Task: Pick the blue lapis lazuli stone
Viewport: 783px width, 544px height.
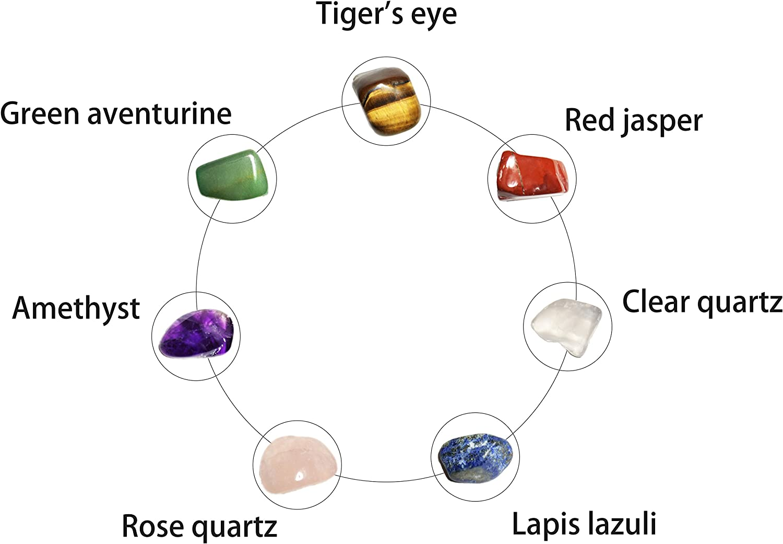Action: tap(475, 456)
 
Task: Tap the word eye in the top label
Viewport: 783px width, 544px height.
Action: tap(433, 16)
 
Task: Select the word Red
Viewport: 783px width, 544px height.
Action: tap(588, 120)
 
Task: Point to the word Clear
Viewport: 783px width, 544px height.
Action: tap(656, 302)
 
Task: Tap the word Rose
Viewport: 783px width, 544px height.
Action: tap(153, 526)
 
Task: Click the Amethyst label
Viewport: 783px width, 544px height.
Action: tap(76, 308)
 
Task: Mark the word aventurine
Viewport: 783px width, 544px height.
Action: tap(159, 113)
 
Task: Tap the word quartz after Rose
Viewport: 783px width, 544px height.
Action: tap(234, 527)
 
